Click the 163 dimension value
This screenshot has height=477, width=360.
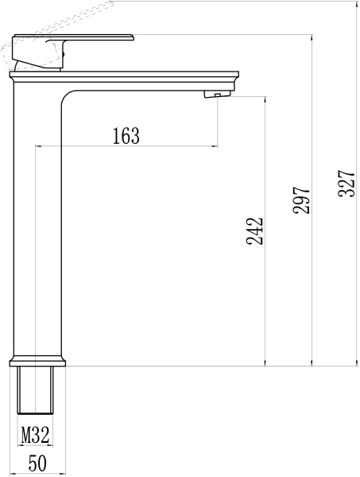[x=126, y=136]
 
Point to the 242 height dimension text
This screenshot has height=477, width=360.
[x=254, y=231]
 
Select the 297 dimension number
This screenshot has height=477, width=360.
[x=301, y=202]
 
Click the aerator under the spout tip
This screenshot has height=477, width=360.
[x=213, y=95]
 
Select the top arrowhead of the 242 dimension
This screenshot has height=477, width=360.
[x=265, y=100]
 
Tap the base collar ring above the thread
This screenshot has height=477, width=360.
[x=38, y=360]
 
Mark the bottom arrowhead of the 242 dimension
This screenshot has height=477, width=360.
[x=265, y=362]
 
